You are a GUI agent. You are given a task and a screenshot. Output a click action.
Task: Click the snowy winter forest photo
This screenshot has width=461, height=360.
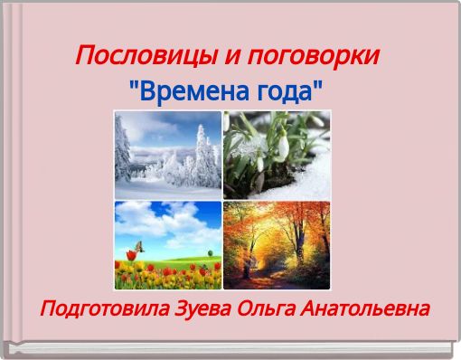[167, 154]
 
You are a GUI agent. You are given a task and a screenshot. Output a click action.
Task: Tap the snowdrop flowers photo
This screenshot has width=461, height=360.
[278, 154]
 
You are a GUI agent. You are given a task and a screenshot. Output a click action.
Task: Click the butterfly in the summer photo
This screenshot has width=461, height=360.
[140, 245]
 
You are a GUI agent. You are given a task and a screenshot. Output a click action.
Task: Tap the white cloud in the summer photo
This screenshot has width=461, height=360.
[181, 222]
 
